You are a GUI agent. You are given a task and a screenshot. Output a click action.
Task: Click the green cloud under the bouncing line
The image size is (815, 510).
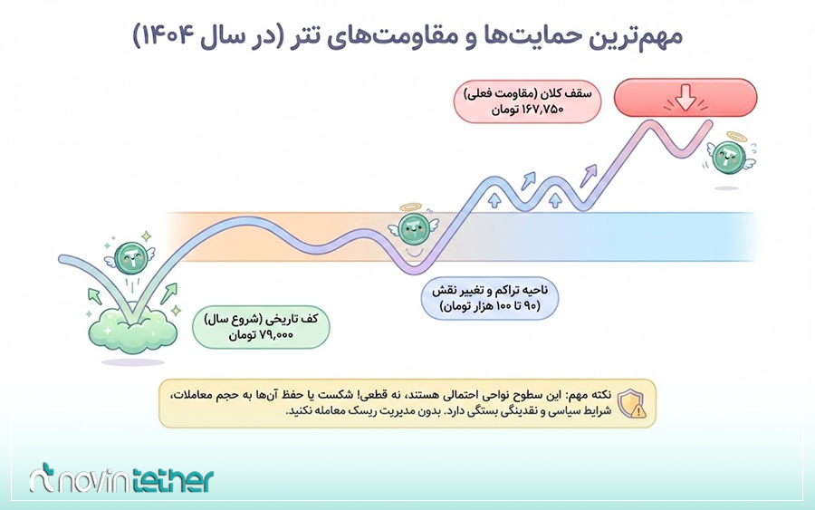click(x=131, y=328)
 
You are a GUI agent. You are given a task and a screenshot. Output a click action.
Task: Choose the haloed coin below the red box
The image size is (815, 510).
click(x=729, y=156)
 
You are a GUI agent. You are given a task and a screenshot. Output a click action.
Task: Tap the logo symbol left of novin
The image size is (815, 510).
click(x=44, y=480)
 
